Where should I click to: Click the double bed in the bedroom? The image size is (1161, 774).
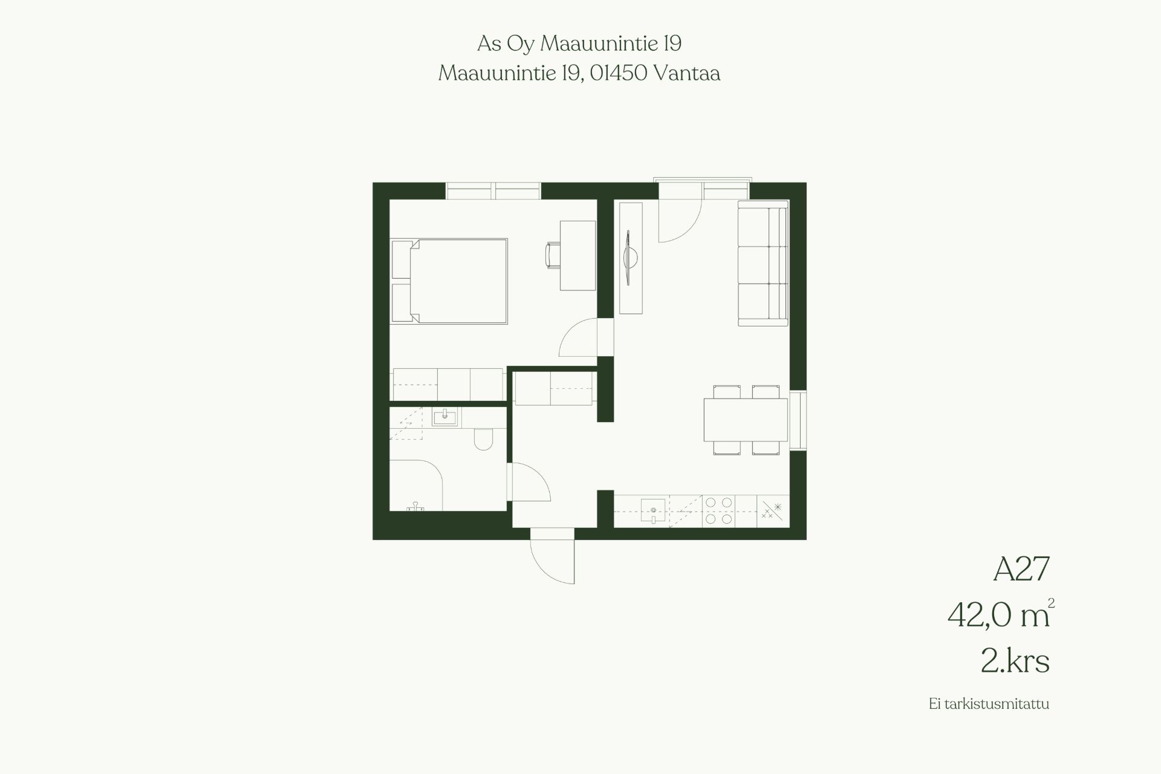[449, 281]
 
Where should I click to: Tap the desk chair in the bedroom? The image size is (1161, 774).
[553, 255]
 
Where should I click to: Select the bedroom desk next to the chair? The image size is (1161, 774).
[577, 255]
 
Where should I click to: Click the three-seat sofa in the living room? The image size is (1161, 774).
[763, 264]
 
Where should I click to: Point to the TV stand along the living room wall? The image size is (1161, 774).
[630, 258]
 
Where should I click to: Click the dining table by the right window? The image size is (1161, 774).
[746, 420]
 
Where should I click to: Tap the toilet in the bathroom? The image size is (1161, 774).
[484, 439]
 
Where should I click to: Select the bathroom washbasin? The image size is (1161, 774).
[446, 417]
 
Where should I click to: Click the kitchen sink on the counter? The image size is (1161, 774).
[654, 510]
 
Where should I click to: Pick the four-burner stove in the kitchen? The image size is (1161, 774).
[719, 510]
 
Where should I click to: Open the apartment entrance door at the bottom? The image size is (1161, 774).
[552, 556]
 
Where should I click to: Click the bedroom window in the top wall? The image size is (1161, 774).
[493, 191]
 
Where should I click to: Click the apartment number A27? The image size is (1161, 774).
[1021, 569]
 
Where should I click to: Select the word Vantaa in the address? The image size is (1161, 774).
[687, 73]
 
